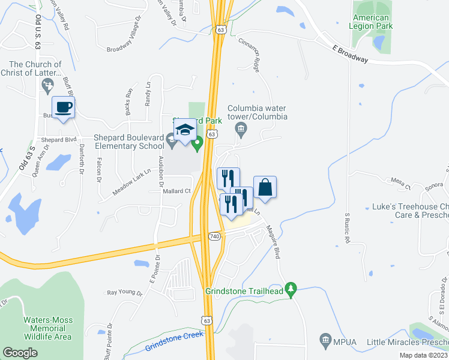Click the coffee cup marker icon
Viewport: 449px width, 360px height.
point(64,108)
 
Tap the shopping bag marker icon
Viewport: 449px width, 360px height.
point(265,188)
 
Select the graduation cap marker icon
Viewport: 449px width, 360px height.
point(185,130)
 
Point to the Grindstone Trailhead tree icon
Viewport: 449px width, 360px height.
point(291,290)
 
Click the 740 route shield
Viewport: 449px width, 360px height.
point(215,237)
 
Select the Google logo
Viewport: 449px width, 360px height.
point(20,353)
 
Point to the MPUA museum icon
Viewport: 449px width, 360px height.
point(325,340)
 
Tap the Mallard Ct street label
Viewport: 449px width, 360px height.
point(176,191)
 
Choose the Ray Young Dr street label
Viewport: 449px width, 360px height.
point(124,293)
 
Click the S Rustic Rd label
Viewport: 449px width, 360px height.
point(347,227)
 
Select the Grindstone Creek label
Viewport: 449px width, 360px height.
point(172,343)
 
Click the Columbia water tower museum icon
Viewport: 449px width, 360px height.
point(241,128)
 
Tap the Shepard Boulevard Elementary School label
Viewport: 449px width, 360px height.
point(128,142)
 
